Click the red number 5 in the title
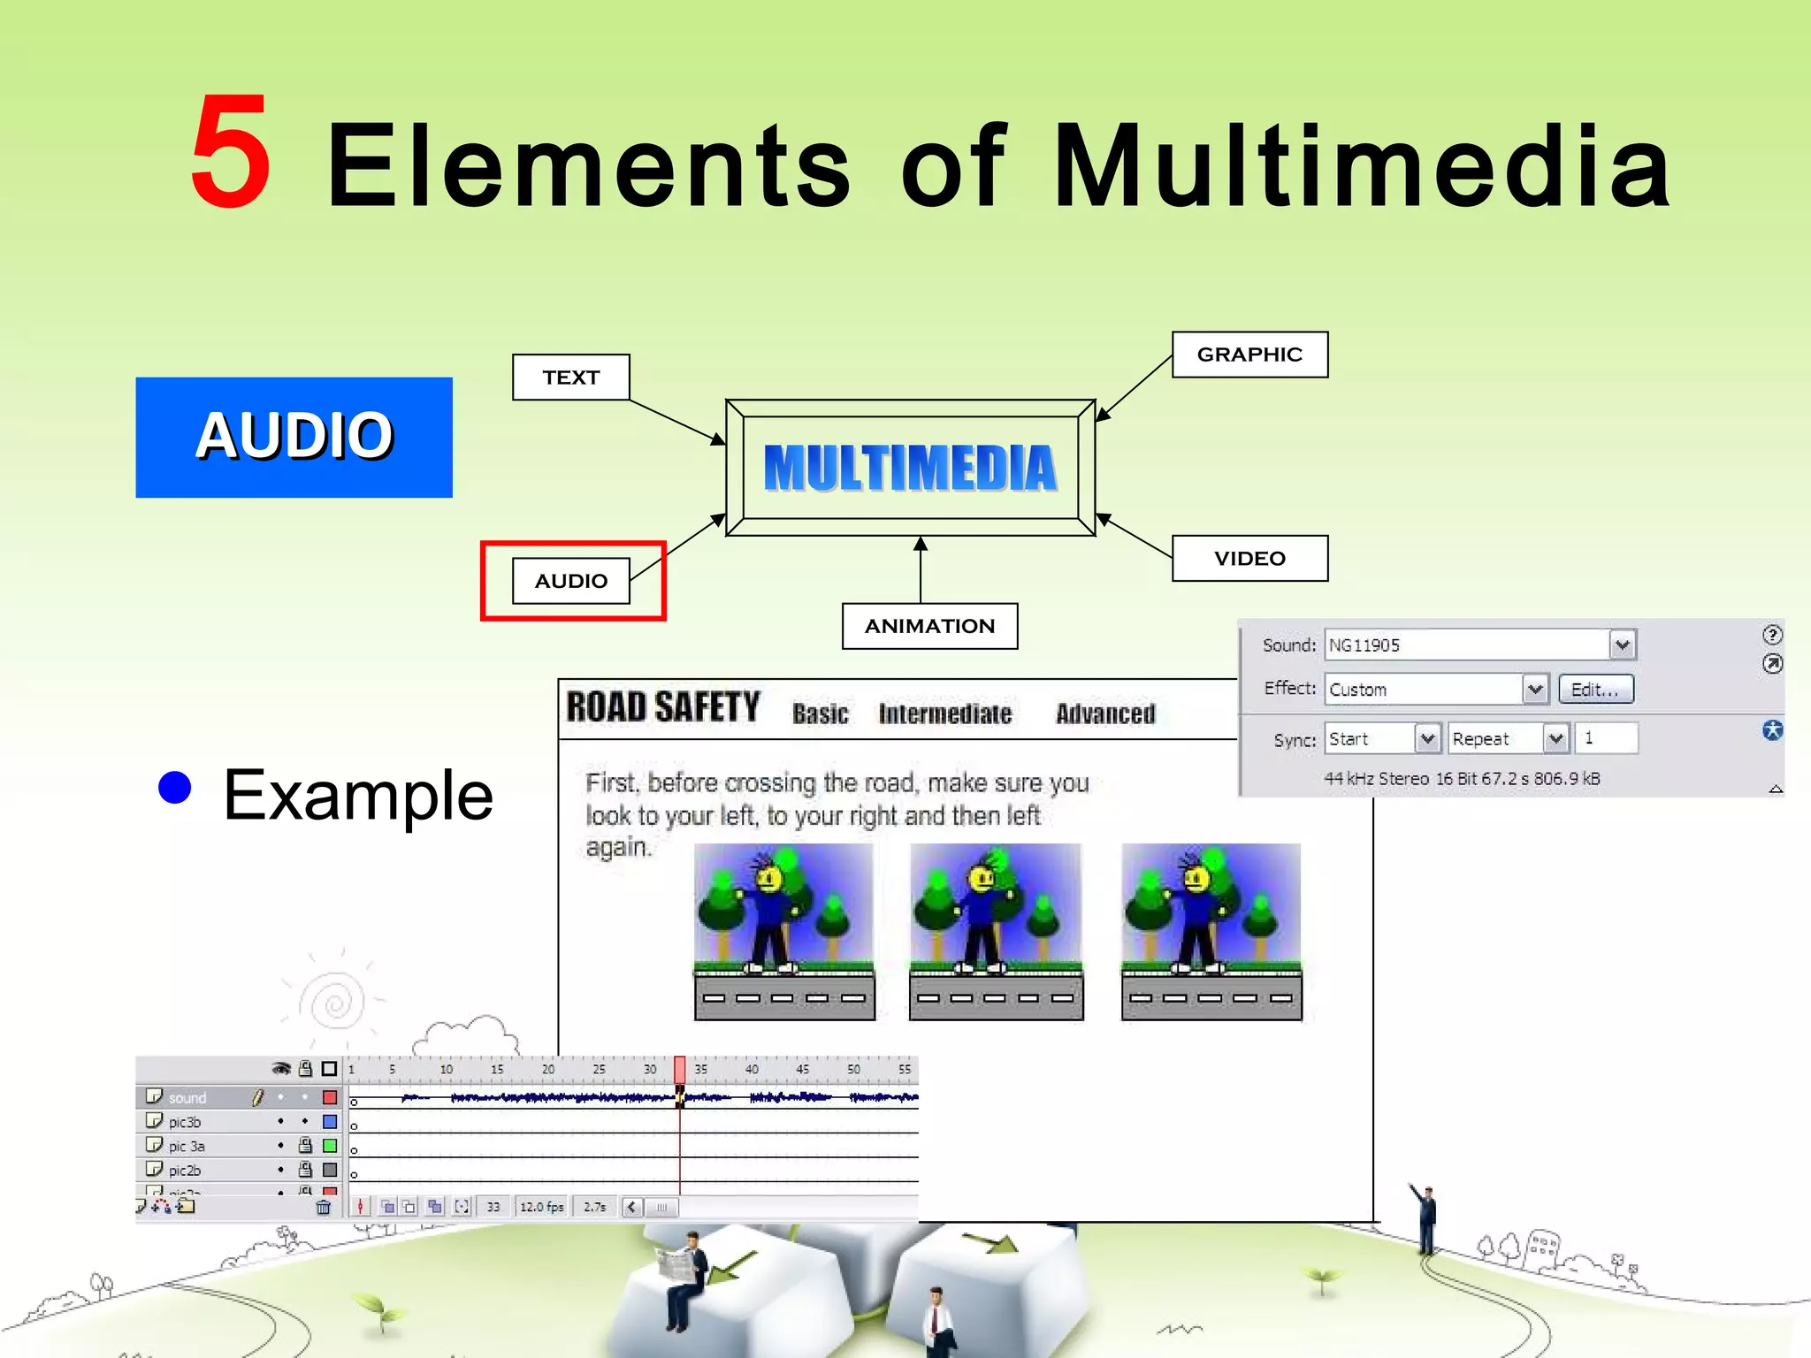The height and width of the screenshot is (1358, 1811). pos(231,152)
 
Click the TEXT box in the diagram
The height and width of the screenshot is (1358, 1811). pos(571,378)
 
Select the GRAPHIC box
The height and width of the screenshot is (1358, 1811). pos(1249,355)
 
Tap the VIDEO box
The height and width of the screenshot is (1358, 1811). pos(1249,558)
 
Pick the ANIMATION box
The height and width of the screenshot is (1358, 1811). pos(929,626)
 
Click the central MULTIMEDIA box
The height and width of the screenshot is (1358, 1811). pos(910,468)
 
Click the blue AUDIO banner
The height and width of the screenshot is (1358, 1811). pos(294,437)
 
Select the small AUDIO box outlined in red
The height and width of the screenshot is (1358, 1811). pos(571,581)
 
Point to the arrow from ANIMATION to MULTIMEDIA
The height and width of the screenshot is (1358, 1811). pos(921,569)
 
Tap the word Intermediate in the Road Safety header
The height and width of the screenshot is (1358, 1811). pos(944,713)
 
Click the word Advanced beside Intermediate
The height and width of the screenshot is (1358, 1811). pos(1105,713)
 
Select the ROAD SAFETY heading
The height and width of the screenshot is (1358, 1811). pos(663,707)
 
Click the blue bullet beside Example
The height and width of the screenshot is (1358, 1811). pos(175,787)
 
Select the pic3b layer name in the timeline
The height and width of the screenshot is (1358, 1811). pos(185,1122)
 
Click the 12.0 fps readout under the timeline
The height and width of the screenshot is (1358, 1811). pos(541,1207)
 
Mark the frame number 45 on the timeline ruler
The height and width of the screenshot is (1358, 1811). pos(802,1069)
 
